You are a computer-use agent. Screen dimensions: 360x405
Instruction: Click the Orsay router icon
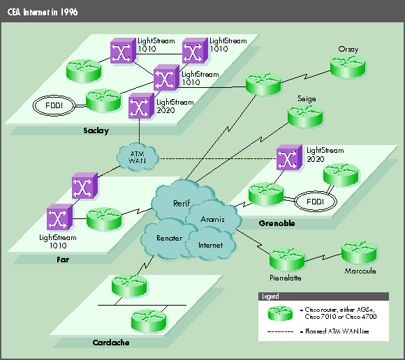pyautogui.click(x=347, y=68)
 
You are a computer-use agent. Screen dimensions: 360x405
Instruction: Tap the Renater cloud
pyautogui.click(x=169, y=238)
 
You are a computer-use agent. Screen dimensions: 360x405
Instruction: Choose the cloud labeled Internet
pyautogui.click(x=210, y=246)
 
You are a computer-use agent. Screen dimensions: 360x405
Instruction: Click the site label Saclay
pyautogui.click(x=95, y=130)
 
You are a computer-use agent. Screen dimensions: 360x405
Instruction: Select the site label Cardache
pyautogui.click(x=110, y=343)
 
